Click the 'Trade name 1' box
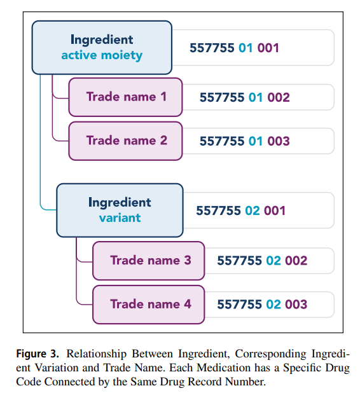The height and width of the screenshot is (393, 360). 125,97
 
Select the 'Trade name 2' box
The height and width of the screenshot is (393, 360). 125,141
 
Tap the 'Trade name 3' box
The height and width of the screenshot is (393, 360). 149,261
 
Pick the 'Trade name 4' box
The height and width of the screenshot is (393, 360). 149,305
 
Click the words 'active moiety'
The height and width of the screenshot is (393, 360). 102,55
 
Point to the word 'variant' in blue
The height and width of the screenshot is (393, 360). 120,218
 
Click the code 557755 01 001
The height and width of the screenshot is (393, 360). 234,48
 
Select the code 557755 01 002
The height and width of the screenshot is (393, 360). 244,97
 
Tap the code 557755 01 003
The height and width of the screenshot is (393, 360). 244,141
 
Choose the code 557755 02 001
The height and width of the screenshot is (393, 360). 240,210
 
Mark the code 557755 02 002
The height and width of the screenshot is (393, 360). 262,261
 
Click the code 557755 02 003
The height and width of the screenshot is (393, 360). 262,305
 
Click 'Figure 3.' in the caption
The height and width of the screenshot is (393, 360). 38,354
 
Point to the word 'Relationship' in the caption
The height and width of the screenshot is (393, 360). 96,354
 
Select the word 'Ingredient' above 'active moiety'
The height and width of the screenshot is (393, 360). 102,40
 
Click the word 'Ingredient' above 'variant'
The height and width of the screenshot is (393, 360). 120,203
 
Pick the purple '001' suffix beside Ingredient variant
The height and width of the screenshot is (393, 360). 275,210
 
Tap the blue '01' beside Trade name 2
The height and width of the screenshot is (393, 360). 256,141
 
